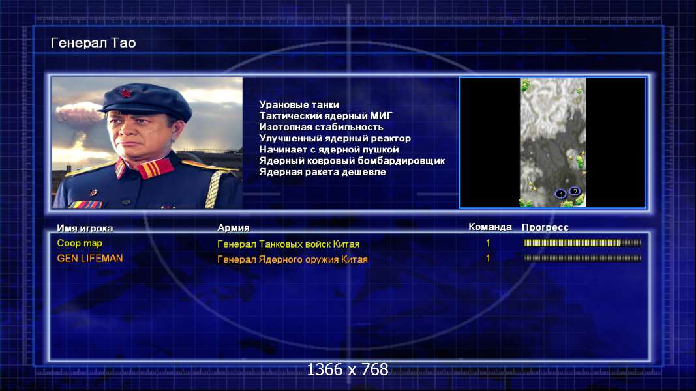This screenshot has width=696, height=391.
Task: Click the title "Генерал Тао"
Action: (x=93, y=43)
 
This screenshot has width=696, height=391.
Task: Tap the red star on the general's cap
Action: (x=125, y=94)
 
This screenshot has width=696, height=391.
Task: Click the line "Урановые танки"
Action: (x=299, y=105)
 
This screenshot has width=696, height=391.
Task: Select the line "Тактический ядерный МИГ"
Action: (x=325, y=116)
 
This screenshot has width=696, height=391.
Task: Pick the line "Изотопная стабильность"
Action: (x=321, y=127)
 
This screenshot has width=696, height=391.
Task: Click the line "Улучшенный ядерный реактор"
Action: (x=335, y=138)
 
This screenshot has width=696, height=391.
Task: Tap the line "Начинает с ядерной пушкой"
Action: (x=329, y=149)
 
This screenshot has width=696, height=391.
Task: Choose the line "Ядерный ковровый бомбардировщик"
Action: (x=352, y=160)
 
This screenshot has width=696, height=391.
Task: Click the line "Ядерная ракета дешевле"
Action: (x=323, y=171)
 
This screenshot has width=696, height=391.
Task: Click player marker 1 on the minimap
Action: (x=560, y=194)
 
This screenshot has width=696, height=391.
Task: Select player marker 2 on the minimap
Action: (x=575, y=191)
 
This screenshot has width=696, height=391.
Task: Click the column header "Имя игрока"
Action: (x=85, y=228)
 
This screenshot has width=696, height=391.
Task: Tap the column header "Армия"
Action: (x=234, y=228)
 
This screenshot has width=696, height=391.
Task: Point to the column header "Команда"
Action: (x=490, y=227)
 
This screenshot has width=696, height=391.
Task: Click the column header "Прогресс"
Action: (x=545, y=227)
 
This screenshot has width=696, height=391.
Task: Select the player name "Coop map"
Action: (x=80, y=243)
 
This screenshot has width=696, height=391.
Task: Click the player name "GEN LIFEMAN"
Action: (x=89, y=259)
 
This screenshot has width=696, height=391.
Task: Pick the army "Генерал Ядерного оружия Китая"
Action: (x=292, y=259)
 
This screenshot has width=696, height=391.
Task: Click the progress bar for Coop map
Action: (x=583, y=243)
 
